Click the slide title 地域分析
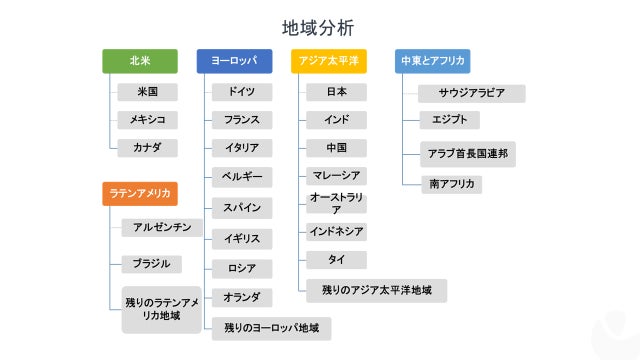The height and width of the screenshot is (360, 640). click(317, 28)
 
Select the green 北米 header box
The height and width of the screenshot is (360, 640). click(140, 61)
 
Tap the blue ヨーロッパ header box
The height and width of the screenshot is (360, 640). click(234, 61)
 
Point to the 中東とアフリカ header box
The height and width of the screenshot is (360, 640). click(432, 61)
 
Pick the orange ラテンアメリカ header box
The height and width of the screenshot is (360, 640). click(140, 193)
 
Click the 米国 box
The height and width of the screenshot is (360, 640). click(147, 92)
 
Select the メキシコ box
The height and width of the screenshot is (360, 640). click(147, 120)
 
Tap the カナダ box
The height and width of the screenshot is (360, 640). click(147, 148)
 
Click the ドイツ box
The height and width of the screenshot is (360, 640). click(241, 92)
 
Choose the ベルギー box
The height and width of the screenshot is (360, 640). click(241, 177)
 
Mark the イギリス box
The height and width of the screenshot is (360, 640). click(241, 238)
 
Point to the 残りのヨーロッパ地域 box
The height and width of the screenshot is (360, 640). click(271, 327)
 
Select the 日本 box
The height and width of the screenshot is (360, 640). click(336, 92)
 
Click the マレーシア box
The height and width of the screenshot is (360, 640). click(336, 176)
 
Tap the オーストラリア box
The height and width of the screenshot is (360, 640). click(336, 204)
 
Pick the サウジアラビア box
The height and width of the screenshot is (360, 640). click(471, 93)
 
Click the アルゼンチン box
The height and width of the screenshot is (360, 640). click(162, 228)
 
